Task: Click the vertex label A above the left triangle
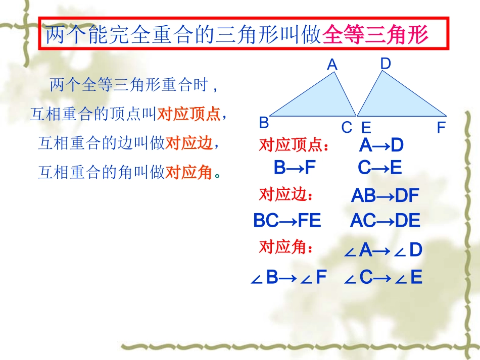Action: coord(332,65)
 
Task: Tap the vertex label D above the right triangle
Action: coord(386,64)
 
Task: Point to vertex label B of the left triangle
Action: coord(264,123)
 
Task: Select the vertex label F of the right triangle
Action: coord(441,128)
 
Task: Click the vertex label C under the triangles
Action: coord(347,128)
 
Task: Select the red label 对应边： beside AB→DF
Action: coord(286,195)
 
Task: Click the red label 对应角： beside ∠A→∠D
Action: coord(286,247)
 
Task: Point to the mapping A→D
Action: coord(381,146)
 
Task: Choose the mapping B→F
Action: coord(295,168)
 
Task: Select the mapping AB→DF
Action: coord(385,196)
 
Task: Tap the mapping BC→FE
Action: coord(287,221)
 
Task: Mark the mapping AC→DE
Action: coord(385,221)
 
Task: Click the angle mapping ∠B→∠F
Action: coord(289,277)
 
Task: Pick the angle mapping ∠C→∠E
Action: coord(383,277)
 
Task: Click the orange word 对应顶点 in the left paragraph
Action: coord(189,115)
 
